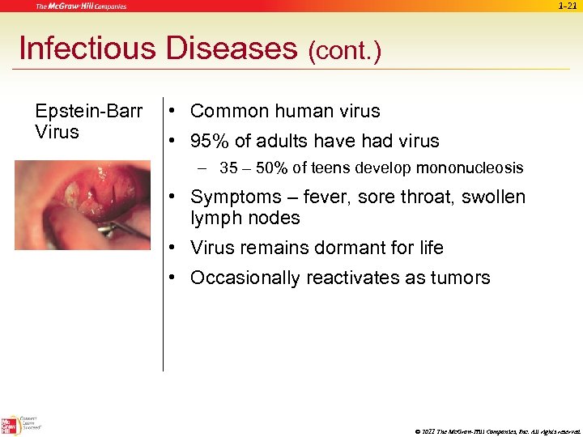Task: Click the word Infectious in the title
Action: pyautogui.click(x=87, y=49)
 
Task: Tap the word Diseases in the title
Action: pyautogui.click(x=231, y=49)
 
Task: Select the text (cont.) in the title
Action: pyautogui.click(x=344, y=51)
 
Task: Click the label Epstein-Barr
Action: pyautogui.click(x=89, y=112)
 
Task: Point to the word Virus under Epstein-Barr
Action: pyautogui.click(x=57, y=132)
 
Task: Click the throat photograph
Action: pyautogui.click(x=82, y=205)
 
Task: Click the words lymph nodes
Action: pyautogui.click(x=245, y=218)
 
